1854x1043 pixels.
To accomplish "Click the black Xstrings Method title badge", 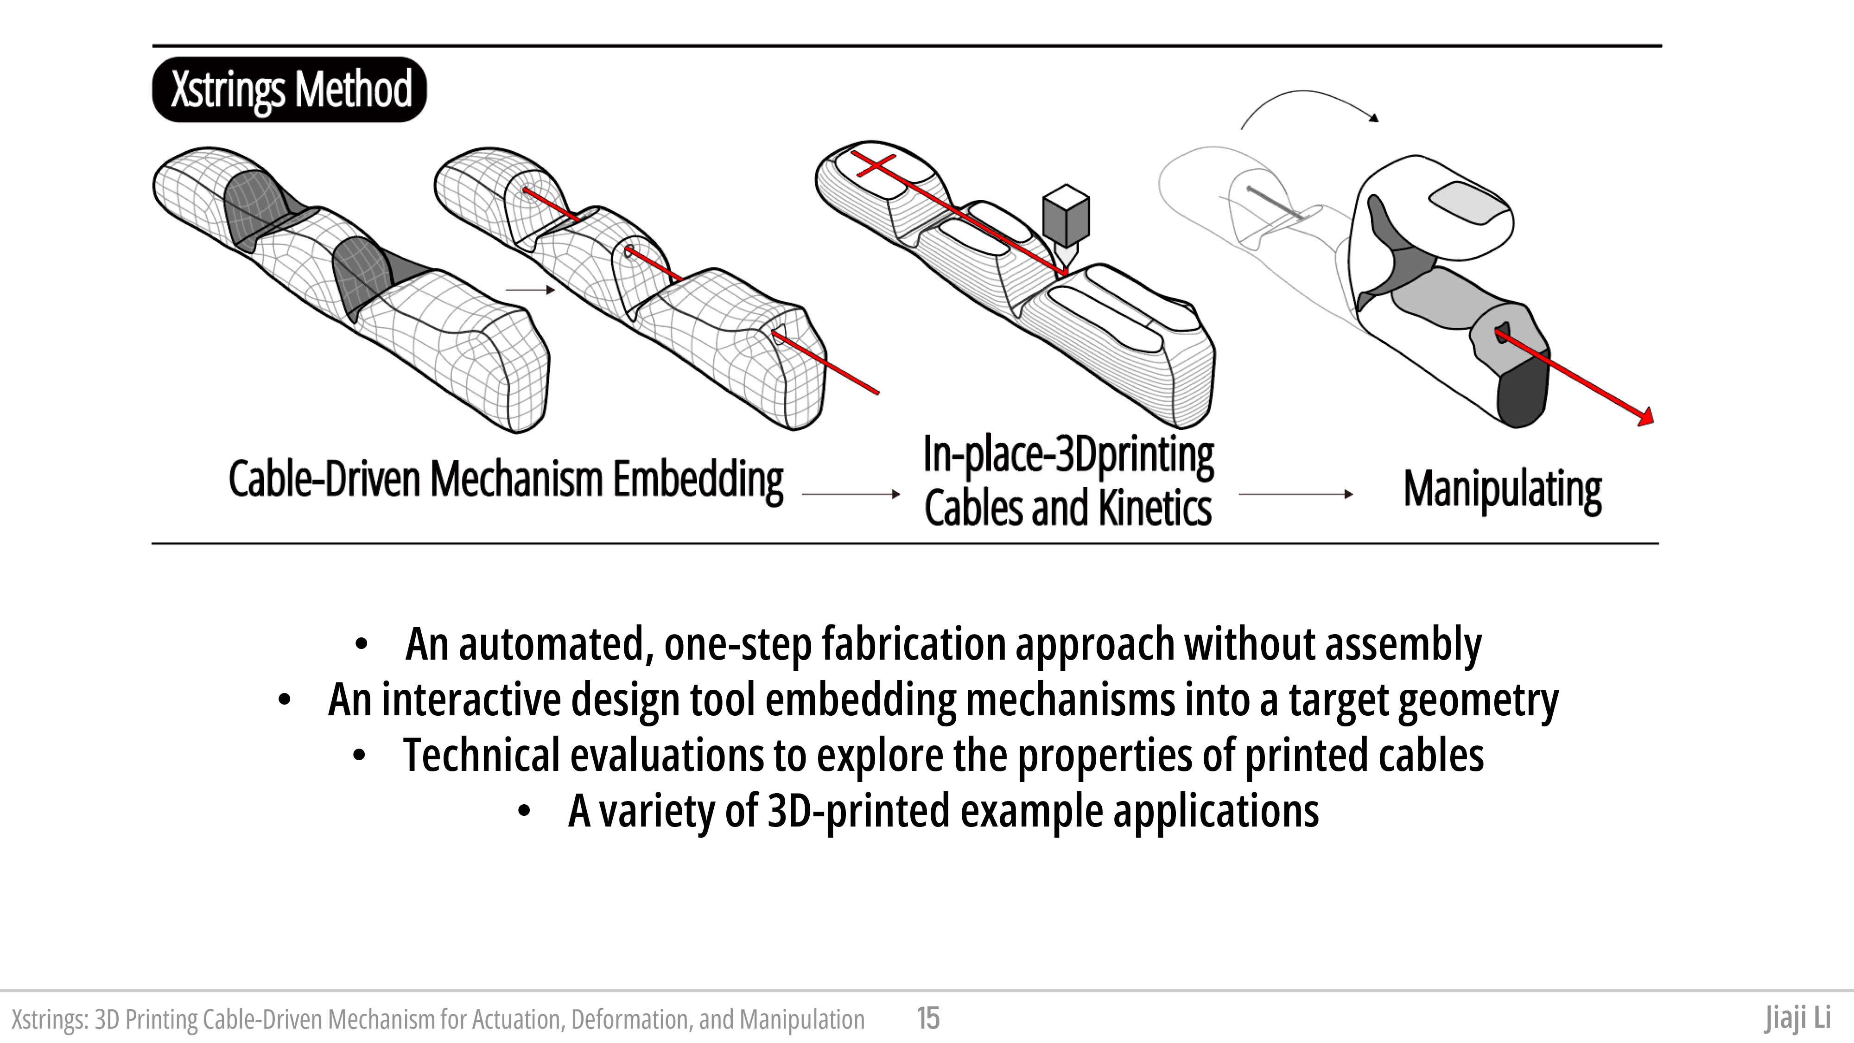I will pyautogui.click(x=289, y=89).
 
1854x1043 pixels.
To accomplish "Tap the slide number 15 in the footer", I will pyautogui.click(x=928, y=1018).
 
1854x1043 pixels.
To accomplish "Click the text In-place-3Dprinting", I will pyautogui.click(x=1068, y=455).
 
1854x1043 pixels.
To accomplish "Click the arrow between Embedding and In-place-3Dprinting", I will pyautogui.click(x=851, y=494).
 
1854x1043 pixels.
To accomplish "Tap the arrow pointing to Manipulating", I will pyautogui.click(x=1295, y=494).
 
